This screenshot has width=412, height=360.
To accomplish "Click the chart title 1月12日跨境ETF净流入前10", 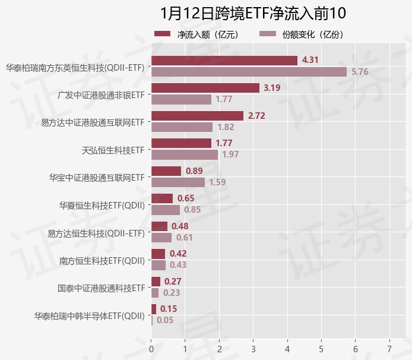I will [253, 14].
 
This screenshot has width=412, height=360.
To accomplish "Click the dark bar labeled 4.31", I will [224, 61].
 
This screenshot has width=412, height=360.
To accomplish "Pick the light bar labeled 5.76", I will [249, 72].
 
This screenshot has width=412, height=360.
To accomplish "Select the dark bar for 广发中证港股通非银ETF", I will [205, 88].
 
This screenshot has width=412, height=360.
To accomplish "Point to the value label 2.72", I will [256, 116].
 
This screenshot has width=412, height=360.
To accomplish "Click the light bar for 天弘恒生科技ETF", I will [185, 154].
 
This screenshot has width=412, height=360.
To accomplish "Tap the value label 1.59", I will [217, 182].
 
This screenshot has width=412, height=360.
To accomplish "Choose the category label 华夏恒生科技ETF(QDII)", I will [102, 205].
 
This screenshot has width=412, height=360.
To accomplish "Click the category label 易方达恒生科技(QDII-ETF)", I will [96, 233].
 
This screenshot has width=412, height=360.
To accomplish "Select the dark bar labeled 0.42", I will [159, 254].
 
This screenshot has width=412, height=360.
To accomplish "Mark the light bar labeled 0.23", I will [155, 292].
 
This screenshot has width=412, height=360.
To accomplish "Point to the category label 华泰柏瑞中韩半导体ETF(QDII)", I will [89, 315].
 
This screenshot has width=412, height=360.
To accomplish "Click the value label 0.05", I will [165, 320].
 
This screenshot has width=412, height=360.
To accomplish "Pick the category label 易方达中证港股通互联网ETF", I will [92, 123].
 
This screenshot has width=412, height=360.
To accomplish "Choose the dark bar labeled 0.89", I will [166, 171].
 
